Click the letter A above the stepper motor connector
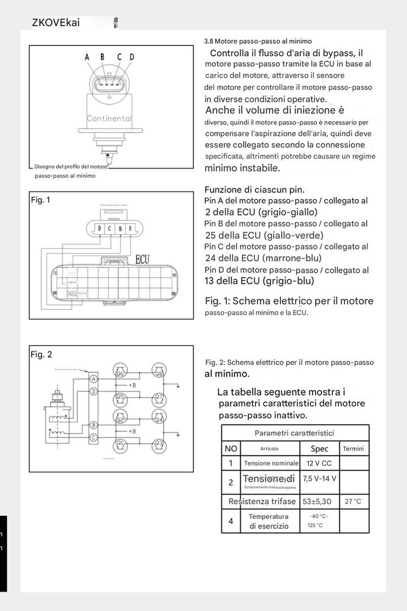point(87,57)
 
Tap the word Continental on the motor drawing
point(109,119)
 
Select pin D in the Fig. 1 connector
point(99,229)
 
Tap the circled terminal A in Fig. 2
point(94,378)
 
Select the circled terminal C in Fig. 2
point(94,437)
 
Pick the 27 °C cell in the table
point(353,501)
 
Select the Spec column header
point(319,449)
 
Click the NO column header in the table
point(231,449)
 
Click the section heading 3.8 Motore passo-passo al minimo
point(258,41)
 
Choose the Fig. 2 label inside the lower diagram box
point(41,355)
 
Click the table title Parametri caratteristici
point(294,433)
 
